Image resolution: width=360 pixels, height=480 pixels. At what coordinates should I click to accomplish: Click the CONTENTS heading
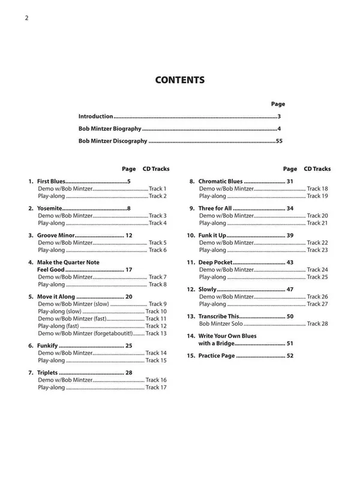click(180, 80)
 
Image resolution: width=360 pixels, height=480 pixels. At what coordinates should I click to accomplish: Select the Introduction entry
click(96, 116)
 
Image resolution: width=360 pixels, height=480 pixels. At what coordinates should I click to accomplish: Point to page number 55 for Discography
click(278, 142)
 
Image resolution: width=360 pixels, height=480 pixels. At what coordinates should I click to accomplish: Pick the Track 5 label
click(157, 242)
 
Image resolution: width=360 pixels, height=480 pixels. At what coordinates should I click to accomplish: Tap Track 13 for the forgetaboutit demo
click(156, 333)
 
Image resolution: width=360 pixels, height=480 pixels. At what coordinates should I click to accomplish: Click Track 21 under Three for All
click(317, 223)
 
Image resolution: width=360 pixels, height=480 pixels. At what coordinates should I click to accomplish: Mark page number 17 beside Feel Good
click(128, 269)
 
